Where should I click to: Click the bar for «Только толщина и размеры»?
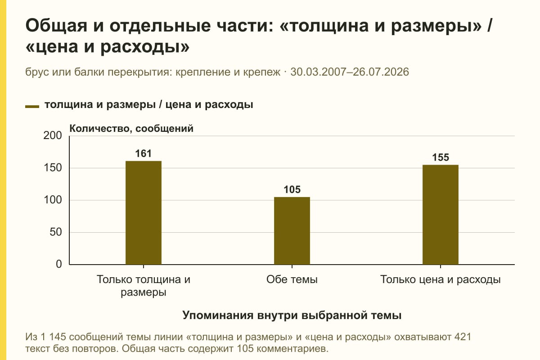pos(144,213)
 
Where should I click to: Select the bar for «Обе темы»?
pos(292,231)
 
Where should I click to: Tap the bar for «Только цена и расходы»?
pos(441,215)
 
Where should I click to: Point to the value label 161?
pos(144,153)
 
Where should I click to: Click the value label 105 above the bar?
pos(292,189)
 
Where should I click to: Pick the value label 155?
pos(441,157)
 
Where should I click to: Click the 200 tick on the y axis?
pos(53,135)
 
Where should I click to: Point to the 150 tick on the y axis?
pos(53,168)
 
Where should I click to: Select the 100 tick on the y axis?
pos(53,200)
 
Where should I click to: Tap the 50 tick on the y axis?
pos(56,232)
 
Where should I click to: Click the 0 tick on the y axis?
pos(59,264)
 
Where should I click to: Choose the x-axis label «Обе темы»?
pos(292,279)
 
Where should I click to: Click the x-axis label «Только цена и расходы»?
pos(441,279)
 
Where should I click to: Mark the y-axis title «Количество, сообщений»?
pos(131,129)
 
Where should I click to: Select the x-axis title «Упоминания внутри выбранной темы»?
pos(292,315)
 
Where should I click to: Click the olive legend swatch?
pos(32,106)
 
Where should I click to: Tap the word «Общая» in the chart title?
pos(56,26)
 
